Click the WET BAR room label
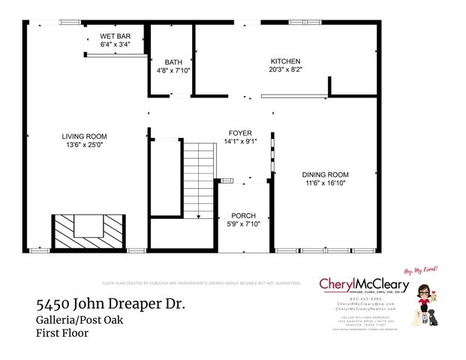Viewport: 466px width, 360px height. (115, 37)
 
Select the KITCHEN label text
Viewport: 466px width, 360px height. (285, 61)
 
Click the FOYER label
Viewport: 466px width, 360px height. (240, 133)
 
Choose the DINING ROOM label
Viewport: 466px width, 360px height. (326, 175)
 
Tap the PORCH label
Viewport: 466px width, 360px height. (243, 215)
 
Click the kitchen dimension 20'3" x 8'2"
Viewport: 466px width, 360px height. (285, 69)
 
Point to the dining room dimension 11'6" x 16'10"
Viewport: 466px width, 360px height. (326, 183)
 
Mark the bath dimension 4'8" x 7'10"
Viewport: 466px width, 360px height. (173, 70)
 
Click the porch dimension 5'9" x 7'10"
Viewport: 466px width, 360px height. (243, 223)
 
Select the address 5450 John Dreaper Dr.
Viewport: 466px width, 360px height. (110, 305)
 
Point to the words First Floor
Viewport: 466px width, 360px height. (62, 333)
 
